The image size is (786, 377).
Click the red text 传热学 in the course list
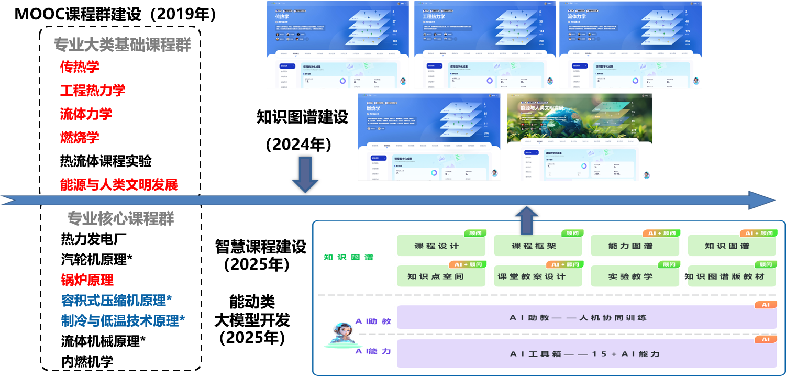[x=80, y=66]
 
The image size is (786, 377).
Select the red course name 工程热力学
[x=93, y=90]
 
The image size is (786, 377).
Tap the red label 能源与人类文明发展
[x=119, y=184]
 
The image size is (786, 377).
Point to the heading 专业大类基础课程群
[x=122, y=45]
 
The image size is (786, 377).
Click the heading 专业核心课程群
[x=120, y=218]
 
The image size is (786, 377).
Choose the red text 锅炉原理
[x=87, y=280]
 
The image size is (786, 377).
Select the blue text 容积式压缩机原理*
[x=116, y=301]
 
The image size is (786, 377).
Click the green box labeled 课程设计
[x=436, y=246]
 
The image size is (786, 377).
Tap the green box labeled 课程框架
[x=534, y=246]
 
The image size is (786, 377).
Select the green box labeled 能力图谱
[x=630, y=246]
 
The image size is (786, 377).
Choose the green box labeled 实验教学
[x=630, y=276]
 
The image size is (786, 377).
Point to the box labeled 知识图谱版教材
[x=727, y=276]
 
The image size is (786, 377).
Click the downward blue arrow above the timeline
[x=305, y=174]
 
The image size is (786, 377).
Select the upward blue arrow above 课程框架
[x=527, y=219]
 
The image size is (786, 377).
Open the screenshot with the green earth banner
[x=580, y=137]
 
